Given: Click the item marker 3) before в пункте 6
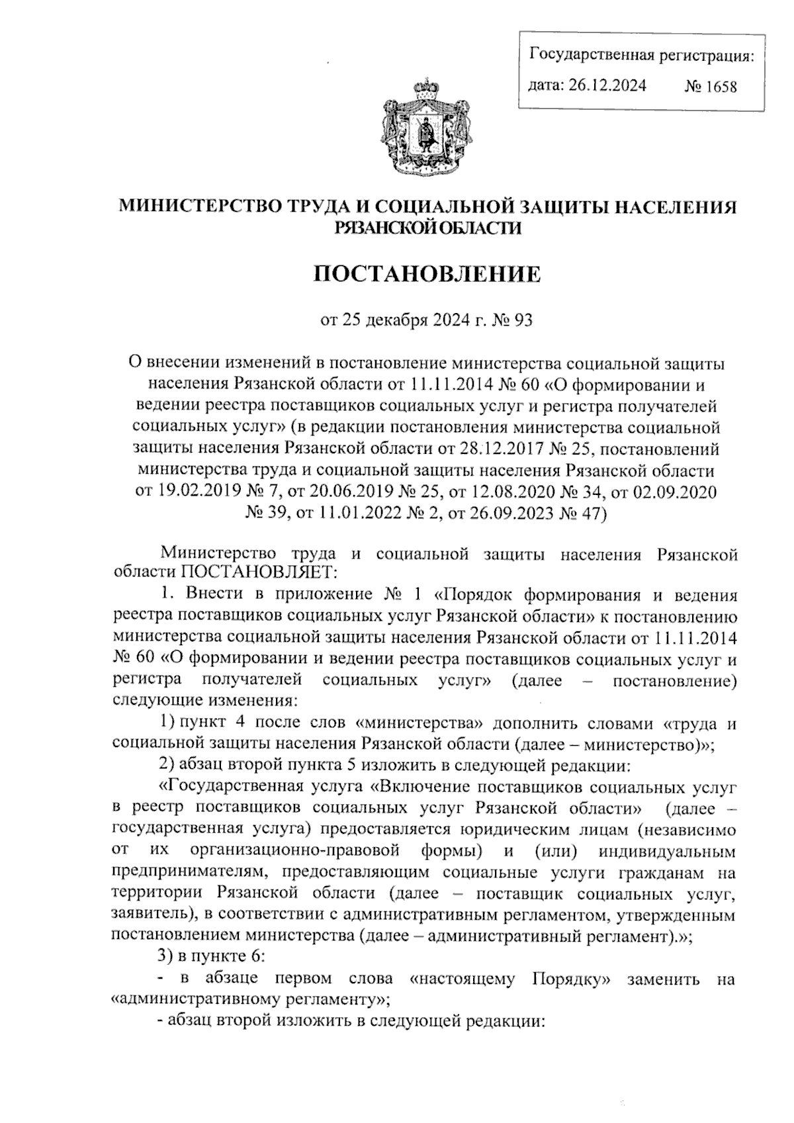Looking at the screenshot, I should [x=165, y=956].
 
